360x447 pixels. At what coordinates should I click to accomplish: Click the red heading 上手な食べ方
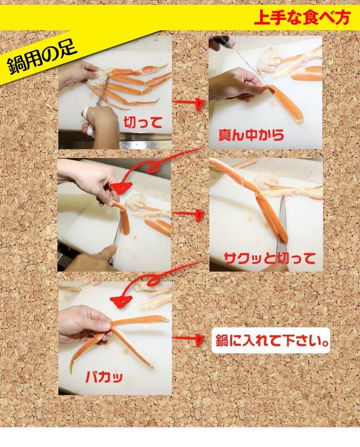coord(302,18)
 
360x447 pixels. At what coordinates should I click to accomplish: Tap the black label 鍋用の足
coord(42,58)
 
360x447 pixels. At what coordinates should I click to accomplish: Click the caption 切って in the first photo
coord(143,123)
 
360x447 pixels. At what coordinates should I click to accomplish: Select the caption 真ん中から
coord(251,135)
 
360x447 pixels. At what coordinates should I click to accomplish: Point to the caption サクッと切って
coord(270,258)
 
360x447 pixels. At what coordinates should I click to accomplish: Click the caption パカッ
coord(104,377)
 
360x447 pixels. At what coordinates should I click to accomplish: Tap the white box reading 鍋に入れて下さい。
coord(271,341)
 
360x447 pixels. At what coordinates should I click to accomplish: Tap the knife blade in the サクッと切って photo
coord(282,228)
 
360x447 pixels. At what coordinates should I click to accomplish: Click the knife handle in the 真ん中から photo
coord(225,41)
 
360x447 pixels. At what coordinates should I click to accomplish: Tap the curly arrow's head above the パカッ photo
coord(121,301)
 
